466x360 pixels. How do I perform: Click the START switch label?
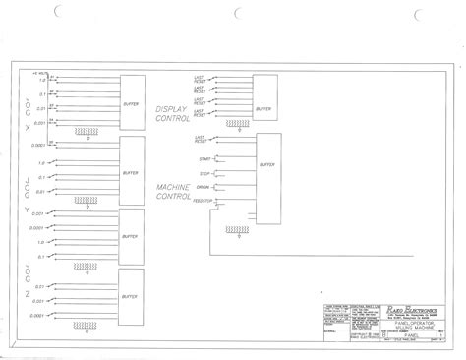pyautogui.click(x=204, y=158)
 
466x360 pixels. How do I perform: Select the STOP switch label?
pyautogui.click(x=204, y=173)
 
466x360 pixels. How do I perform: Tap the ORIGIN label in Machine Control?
pyautogui.click(x=204, y=187)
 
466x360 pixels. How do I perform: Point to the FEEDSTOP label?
pyautogui.click(x=203, y=200)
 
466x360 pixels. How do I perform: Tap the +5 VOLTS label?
pyautogui.click(x=41, y=72)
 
